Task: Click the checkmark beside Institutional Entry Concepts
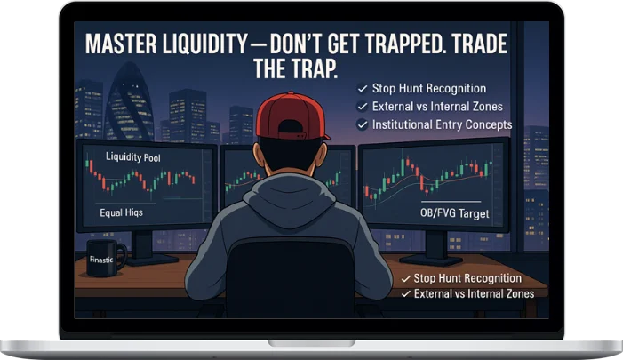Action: (362, 125)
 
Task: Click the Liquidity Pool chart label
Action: (132, 157)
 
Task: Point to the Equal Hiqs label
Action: (121, 214)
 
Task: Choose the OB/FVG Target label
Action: (454, 214)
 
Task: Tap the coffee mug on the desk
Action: (106, 255)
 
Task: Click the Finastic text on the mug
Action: (103, 260)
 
